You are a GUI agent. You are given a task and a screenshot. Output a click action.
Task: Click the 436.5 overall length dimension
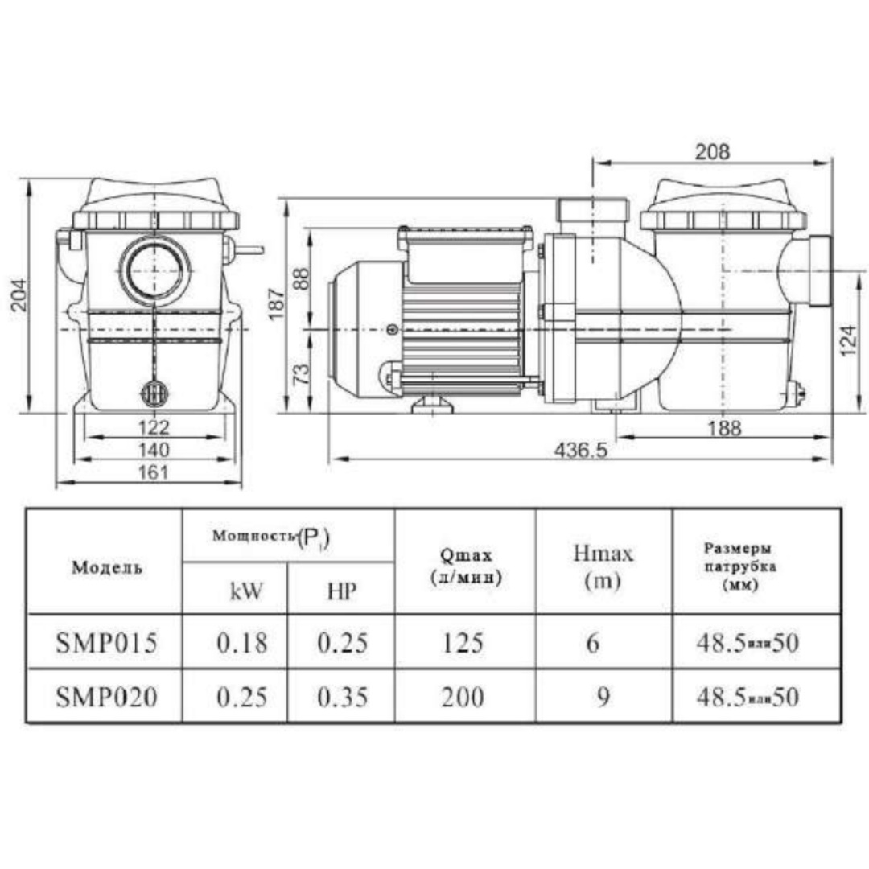[x=580, y=450]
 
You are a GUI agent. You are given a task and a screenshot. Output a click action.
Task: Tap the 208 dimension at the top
[x=712, y=151]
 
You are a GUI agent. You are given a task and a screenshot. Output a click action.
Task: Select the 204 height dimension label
[x=19, y=294]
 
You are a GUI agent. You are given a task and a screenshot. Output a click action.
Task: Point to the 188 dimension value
[x=724, y=428]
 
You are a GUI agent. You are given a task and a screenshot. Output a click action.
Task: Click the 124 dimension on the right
[x=849, y=340]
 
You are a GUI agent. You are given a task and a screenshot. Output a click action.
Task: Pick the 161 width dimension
[x=152, y=472]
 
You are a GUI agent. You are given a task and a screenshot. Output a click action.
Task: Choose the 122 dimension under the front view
[x=154, y=427]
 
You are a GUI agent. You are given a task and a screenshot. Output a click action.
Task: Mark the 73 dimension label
[x=301, y=374]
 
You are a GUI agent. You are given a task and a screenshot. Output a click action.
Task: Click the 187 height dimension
[x=277, y=303]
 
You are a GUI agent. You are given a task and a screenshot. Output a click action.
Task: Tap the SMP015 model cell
[x=106, y=642]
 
